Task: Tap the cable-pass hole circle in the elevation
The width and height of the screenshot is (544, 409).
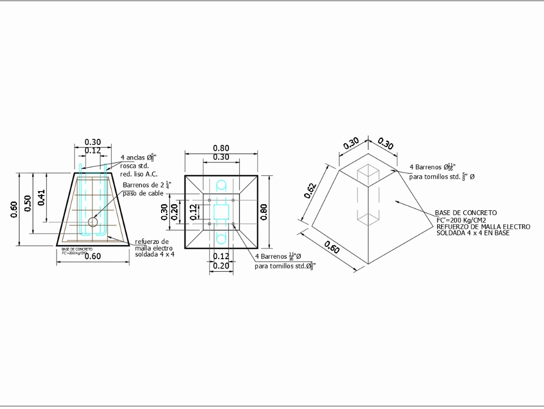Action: (93, 222)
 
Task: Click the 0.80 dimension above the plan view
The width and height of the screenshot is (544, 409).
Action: (221, 148)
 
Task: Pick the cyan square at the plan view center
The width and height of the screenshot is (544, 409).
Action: (221, 211)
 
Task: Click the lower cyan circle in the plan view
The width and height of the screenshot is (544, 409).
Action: (221, 239)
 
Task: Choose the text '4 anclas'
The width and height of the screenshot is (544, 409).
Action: (132, 158)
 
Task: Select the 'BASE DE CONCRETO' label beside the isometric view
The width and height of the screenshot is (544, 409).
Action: (458, 213)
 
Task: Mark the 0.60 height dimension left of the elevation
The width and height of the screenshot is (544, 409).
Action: (14, 209)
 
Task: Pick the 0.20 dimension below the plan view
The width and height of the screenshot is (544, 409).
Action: (221, 266)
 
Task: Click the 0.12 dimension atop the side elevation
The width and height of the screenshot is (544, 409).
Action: (93, 150)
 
